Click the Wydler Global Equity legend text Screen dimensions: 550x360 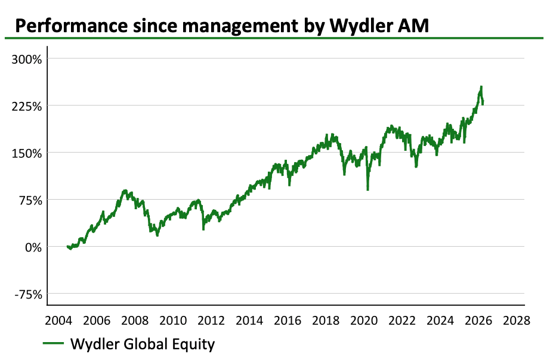[142, 344]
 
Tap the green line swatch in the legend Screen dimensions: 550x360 [54, 344]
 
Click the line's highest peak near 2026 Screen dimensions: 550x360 [481, 87]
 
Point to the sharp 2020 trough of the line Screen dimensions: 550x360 [367, 189]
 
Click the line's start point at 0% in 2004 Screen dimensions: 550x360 [67, 246]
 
